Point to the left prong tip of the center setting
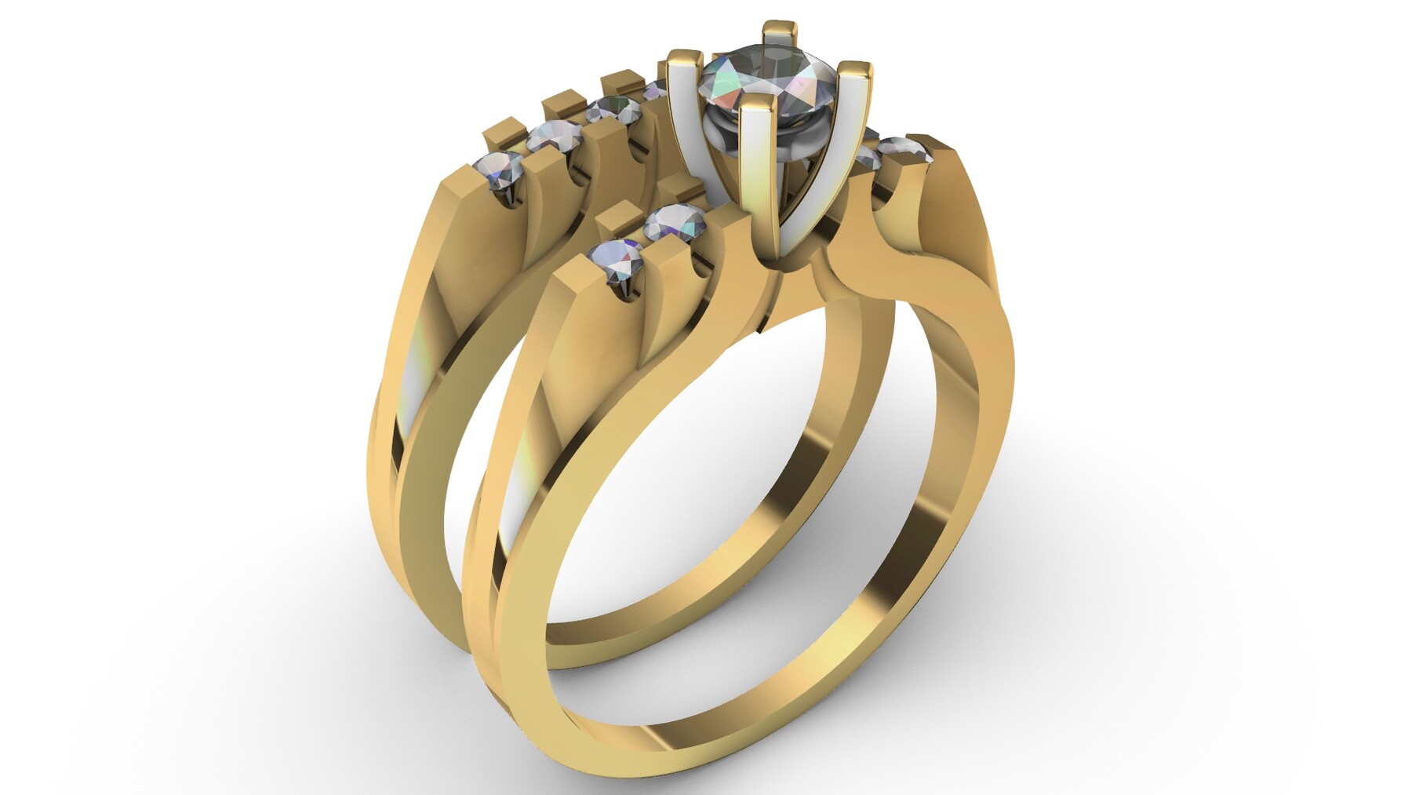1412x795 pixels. [681, 56]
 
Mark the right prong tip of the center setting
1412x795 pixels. [854, 69]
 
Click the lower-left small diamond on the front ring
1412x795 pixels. [615, 259]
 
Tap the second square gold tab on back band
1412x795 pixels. [561, 102]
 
